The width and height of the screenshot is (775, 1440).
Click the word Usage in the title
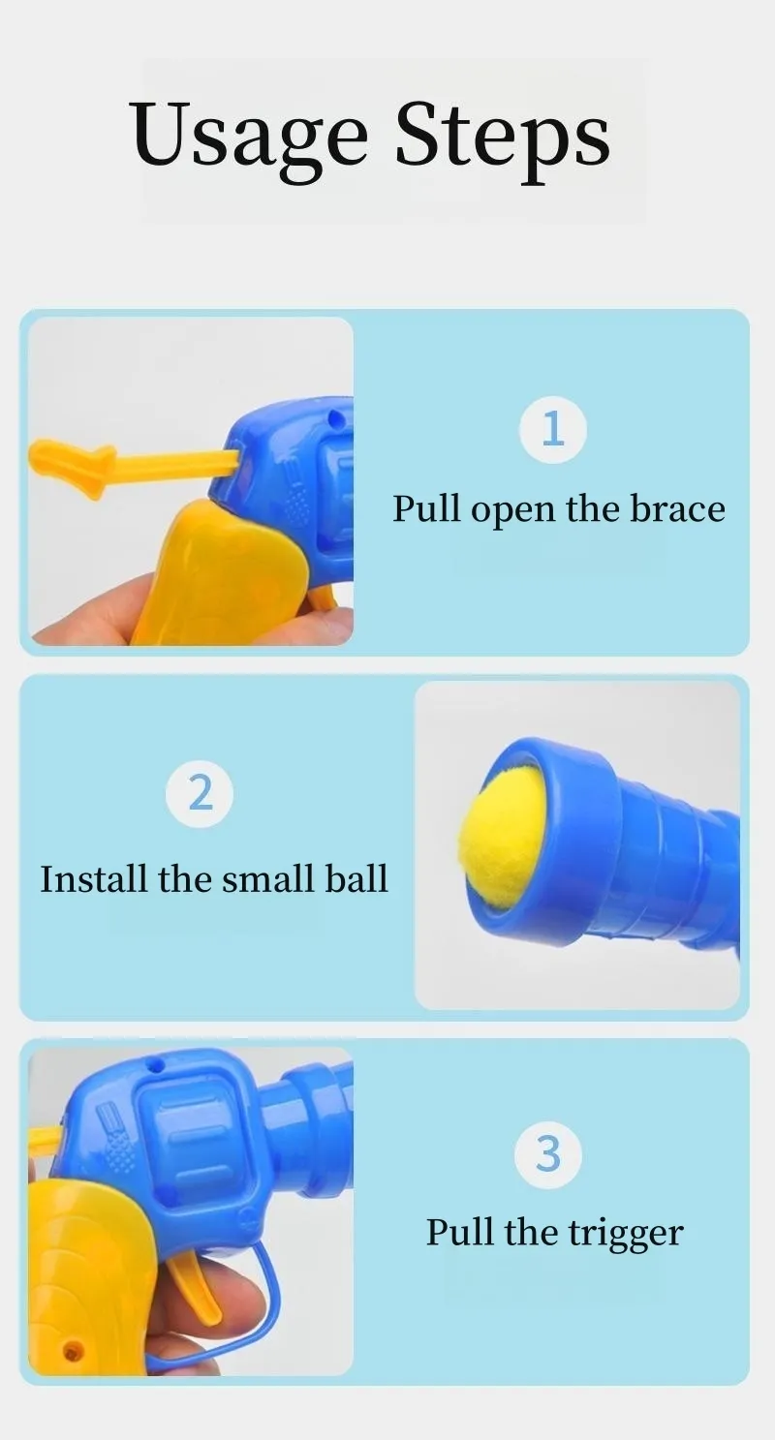click(x=250, y=137)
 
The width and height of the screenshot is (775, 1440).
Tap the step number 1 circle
click(x=553, y=430)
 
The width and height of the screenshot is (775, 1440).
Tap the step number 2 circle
click(x=200, y=793)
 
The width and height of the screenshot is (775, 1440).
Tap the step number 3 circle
click(x=548, y=1155)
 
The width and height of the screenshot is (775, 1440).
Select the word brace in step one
click(x=677, y=508)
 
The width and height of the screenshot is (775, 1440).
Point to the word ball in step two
click(x=356, y=878)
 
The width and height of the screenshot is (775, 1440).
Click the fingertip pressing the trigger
click(x=254, y=1292)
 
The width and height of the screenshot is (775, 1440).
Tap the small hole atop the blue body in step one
click(x=333, y=419)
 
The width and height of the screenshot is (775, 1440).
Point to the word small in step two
click(x=269, y=878)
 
